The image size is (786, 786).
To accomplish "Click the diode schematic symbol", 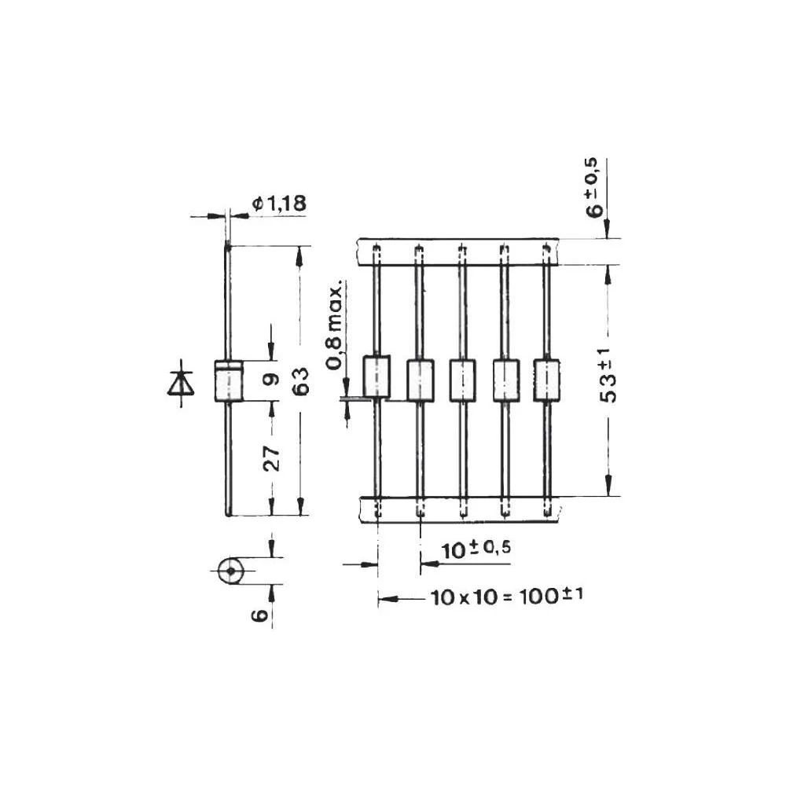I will [181, 383].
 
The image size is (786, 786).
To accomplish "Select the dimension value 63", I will [300, 380].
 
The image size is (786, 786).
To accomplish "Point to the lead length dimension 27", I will [270, 457].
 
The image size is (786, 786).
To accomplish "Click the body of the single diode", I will [228, 384].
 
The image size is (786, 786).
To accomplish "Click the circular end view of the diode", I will [230, 571].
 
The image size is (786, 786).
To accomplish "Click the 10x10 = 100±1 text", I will [507, 597].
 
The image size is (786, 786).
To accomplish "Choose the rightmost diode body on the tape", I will [546, 380].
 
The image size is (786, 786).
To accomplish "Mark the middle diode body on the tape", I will [462, 380].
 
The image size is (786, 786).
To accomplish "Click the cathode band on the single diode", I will [228, 365].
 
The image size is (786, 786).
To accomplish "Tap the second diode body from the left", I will [421, 380].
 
